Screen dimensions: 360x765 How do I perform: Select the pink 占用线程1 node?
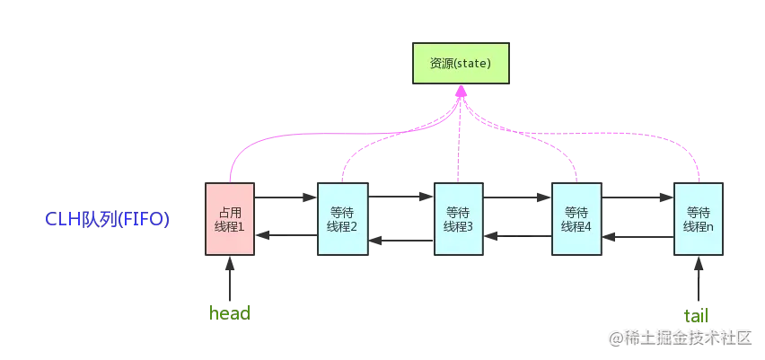(x=231, y=219)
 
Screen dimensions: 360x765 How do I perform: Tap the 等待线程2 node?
(x=342, y=219)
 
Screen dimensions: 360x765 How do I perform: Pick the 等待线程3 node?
(x=458, y=219)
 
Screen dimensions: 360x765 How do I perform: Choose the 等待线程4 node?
(x=576, y=219)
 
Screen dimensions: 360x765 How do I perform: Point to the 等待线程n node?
(x=699, y=219)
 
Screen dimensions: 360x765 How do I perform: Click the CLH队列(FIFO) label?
(x=108, y=220)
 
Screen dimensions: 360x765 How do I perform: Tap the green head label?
(x=229, y=313)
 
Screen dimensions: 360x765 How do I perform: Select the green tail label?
(x=696, y=314)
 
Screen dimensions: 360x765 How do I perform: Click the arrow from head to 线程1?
(x=230, y=279)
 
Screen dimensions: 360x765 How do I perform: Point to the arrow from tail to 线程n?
(x=698, y=281)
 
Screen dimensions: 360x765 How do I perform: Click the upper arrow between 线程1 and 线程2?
(x=286, y=195)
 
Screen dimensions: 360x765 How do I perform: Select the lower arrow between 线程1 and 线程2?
(x=286, y=235)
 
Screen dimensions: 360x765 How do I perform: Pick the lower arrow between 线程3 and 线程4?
(x=518, y=236)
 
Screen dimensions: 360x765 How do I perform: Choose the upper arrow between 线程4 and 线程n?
(x=636, y=195)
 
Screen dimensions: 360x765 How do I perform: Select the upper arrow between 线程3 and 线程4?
(x=518, y=195)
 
